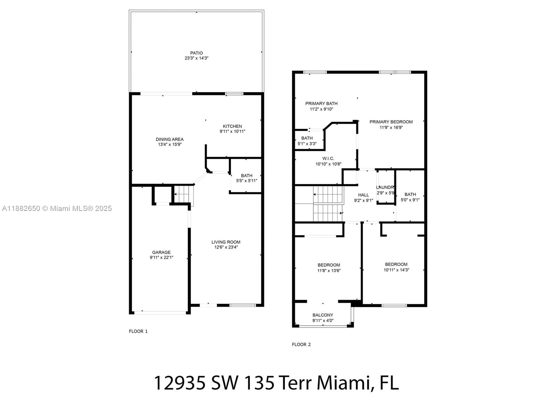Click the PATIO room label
click(196, 53)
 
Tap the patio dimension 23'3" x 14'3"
click(196, 58)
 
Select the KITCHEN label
click(232, 126)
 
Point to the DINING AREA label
click(170, 139)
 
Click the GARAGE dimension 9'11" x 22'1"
click(161, 257)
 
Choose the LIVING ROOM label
click(226, 242)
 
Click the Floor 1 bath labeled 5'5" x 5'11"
click(246, 178)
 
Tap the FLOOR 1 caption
click(138, 331)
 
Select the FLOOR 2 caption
click(301, 344)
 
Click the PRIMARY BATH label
click(321, 104)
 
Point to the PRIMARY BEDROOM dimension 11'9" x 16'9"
click(391, 127)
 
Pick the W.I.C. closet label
click(328, 158)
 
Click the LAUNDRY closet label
click(385, 187)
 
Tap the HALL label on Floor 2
click(363, 195)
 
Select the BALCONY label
click(322, 315)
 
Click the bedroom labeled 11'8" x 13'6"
click(328, 268)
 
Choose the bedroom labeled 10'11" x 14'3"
click(396, 267)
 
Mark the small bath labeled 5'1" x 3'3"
click(307, 141)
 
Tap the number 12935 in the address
click(179, 383)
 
